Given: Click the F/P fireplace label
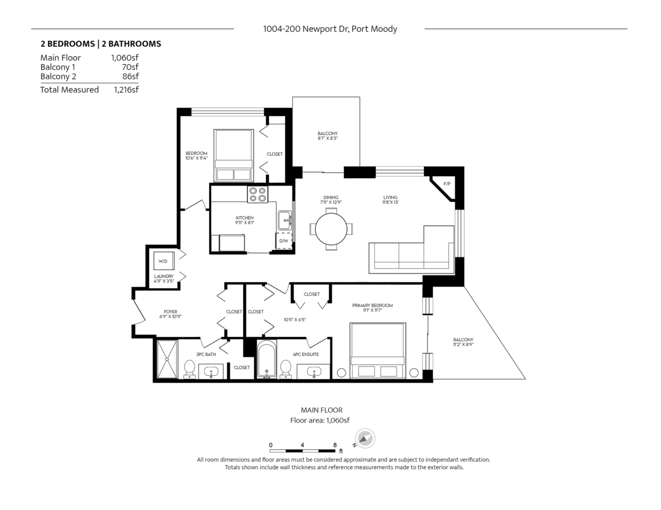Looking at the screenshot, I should (447, 184).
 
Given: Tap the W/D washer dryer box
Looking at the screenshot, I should (163, 261).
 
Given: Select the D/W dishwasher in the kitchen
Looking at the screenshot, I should (284, 241).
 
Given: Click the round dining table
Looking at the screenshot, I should (331, 229).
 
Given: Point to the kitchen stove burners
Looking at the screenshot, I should (257, 194).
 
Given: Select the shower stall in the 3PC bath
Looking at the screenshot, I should (167, 359).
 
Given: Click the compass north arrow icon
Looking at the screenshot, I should (364, 439).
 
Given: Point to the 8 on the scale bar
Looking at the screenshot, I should (335, 445).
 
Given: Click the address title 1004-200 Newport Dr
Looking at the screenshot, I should (330, 29).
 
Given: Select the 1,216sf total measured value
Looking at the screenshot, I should (126, 90).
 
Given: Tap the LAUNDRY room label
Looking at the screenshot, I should (164, 276).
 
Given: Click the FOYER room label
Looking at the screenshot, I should (170, 311).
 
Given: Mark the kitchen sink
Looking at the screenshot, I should (284, 220).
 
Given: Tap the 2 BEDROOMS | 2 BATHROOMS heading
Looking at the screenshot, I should (101, 44).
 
